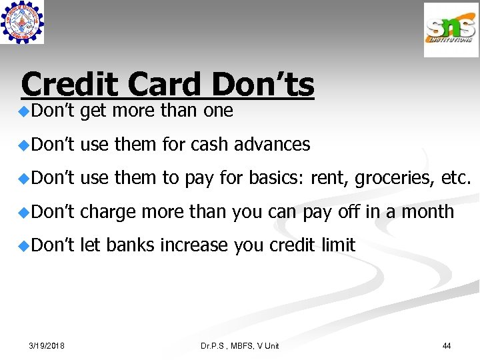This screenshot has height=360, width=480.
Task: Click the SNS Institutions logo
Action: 451,29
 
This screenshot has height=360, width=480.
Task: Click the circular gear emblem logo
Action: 22,22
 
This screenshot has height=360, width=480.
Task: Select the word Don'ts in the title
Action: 263,85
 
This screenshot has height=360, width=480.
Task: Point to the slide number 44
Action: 447,345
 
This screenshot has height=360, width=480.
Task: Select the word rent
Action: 332,178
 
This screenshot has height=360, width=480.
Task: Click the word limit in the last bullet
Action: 338,245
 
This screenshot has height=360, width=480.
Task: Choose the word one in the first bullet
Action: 218,111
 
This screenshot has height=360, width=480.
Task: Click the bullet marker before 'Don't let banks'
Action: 24,245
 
